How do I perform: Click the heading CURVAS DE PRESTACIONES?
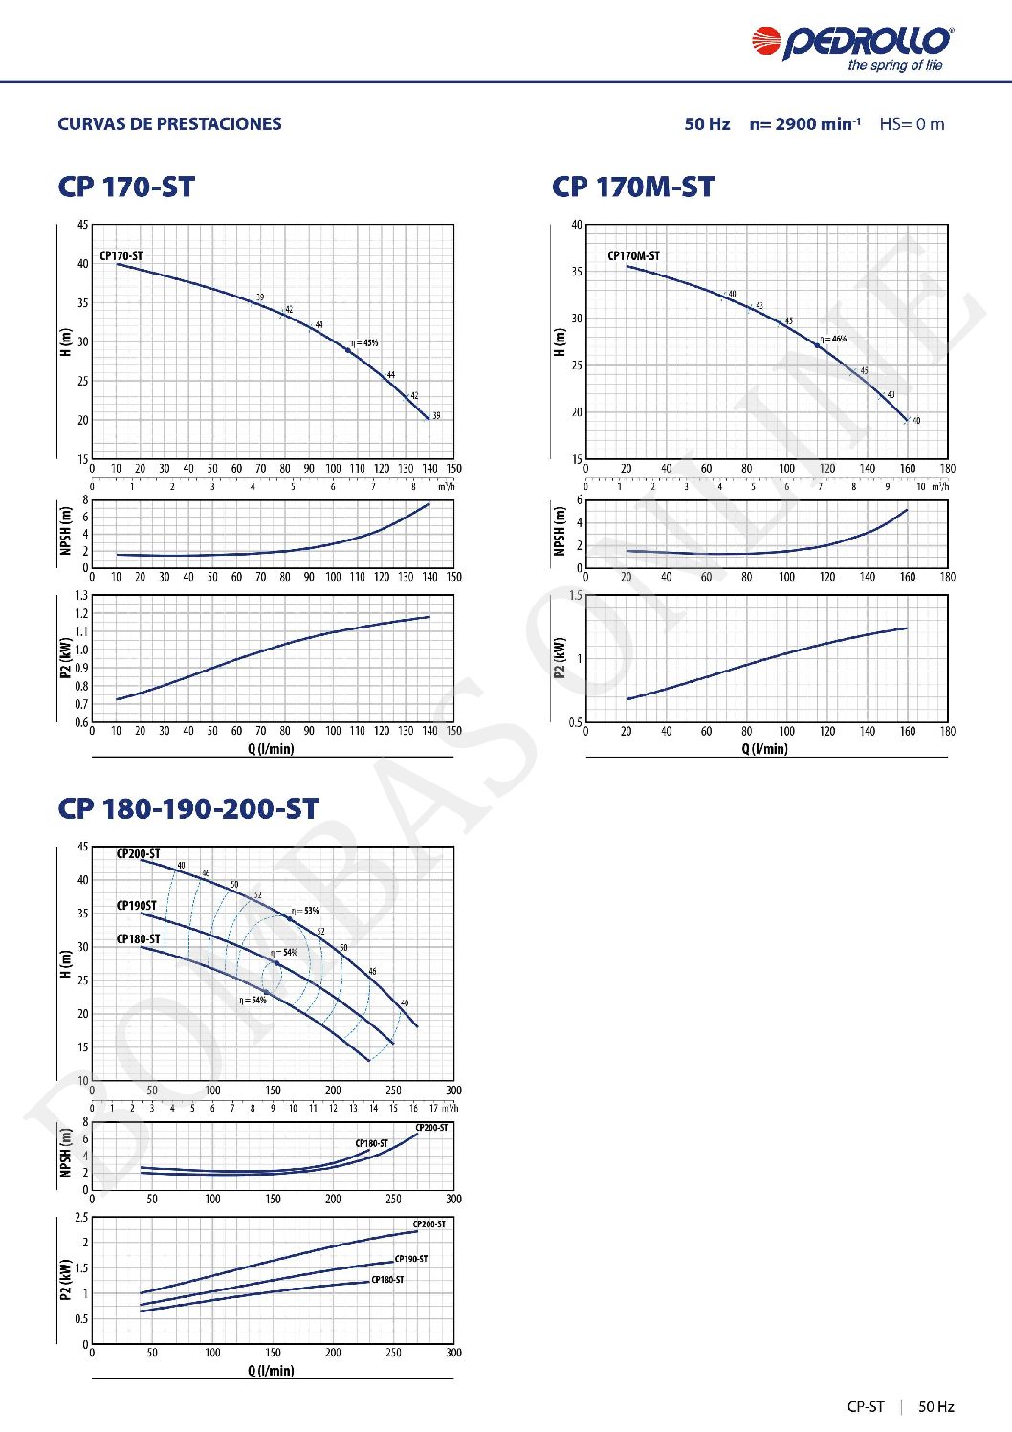click(169, 124)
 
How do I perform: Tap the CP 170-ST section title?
click(126, 187)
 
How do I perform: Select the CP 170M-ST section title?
click(633, 187)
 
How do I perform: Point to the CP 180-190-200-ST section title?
click(188, 809)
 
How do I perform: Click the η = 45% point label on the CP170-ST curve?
click(364, 342)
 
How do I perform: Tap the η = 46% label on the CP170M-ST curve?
click(833, 339)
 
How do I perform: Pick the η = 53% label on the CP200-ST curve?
click(305, 911)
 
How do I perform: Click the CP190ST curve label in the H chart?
click(137, 905)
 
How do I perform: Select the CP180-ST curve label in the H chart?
click(139, 938)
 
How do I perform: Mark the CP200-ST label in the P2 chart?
click(429, 1224)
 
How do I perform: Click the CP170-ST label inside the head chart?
click(121, 256)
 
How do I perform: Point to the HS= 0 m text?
click(912, 124)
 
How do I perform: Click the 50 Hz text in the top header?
click(707, 124)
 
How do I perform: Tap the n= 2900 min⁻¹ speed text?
click(804, 124)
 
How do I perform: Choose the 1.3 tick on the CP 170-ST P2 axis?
click(81, 596)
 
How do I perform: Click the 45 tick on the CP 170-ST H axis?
click(82, 225)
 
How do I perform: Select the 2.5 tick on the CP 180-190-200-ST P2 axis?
click(81, 1218)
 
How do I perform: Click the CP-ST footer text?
click(866, 1406)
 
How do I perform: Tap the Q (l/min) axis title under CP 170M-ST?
click(765, 749)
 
